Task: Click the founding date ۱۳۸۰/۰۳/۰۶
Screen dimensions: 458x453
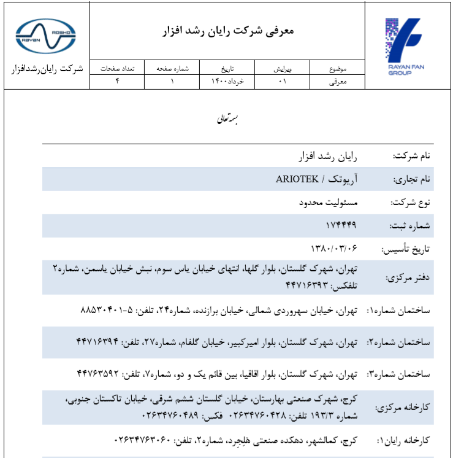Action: (x=333, y=247)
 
